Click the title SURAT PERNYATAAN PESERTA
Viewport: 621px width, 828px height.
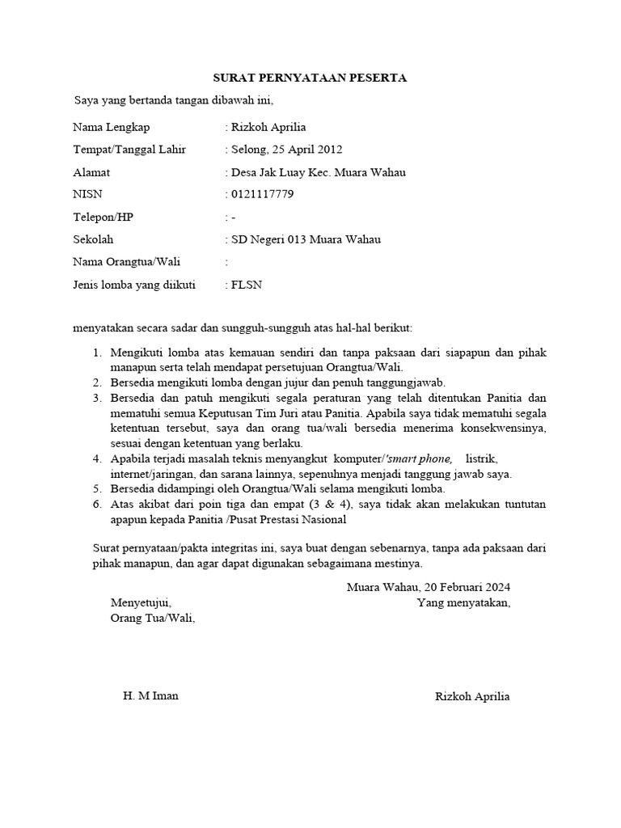click(310, 78)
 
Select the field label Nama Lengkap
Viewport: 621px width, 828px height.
click(111, 127)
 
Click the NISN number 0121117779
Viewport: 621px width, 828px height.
click(262, 194)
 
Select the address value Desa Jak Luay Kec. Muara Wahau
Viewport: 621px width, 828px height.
click(318, 172)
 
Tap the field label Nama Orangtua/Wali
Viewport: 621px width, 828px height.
click(126, 262)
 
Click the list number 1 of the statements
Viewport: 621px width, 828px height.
click(96, 353)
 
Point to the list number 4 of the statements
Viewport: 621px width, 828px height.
click(96, 459)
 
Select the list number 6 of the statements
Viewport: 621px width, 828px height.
click(96, 505)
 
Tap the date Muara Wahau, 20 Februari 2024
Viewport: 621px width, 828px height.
click(429, 587)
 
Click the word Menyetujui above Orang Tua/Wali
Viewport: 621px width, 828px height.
click(141, 602)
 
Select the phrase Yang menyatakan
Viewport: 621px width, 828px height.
click(463, 602)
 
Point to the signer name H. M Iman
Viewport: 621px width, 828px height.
click(150, 696)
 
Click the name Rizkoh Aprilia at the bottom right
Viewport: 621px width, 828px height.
click(472, 697)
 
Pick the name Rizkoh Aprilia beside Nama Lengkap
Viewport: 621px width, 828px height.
click(268, 127)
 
